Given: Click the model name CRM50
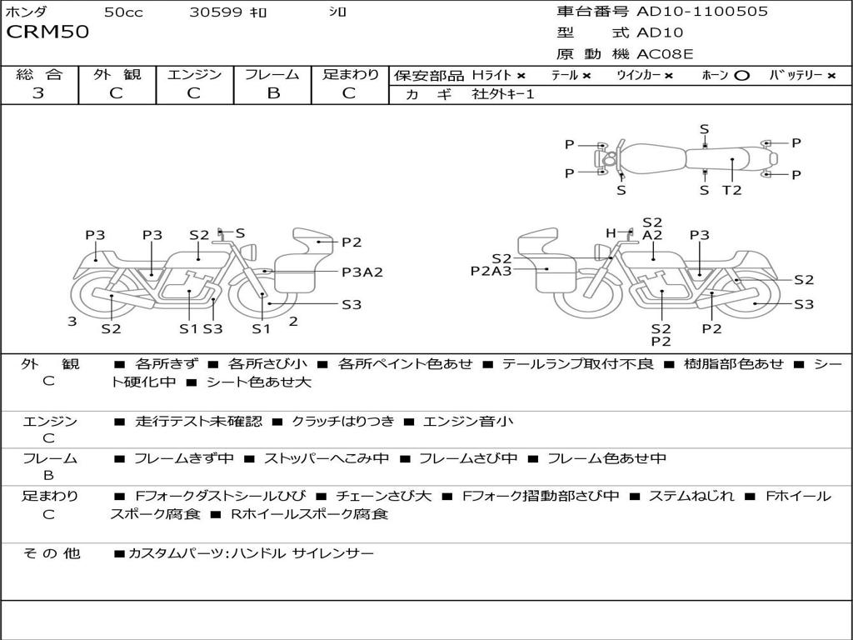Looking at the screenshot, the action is click(47, 33).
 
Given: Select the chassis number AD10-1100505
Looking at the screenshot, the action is click(702, 12).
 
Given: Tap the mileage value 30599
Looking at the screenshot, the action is click(216, 12).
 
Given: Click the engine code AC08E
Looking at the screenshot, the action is click(665, 54).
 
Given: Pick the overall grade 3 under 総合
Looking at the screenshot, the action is click(38, 93).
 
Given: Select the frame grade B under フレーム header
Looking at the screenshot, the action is click(272, 93).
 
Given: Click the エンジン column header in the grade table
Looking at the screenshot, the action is click(194, 74).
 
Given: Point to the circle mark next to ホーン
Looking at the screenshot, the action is click(741, 75).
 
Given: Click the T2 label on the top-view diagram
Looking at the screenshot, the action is click(731, 190).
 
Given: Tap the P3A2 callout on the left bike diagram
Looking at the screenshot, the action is click(362, 272).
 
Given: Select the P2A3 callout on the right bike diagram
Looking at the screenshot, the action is click(491, 270).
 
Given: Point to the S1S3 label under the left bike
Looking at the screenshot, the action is click(201, 328).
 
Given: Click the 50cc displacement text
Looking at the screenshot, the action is click(122, 12).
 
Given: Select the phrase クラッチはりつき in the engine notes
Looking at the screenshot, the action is click(342, 421).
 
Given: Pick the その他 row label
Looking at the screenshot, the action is click(51, 552).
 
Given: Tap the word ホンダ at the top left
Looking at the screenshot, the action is click(27, 12).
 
